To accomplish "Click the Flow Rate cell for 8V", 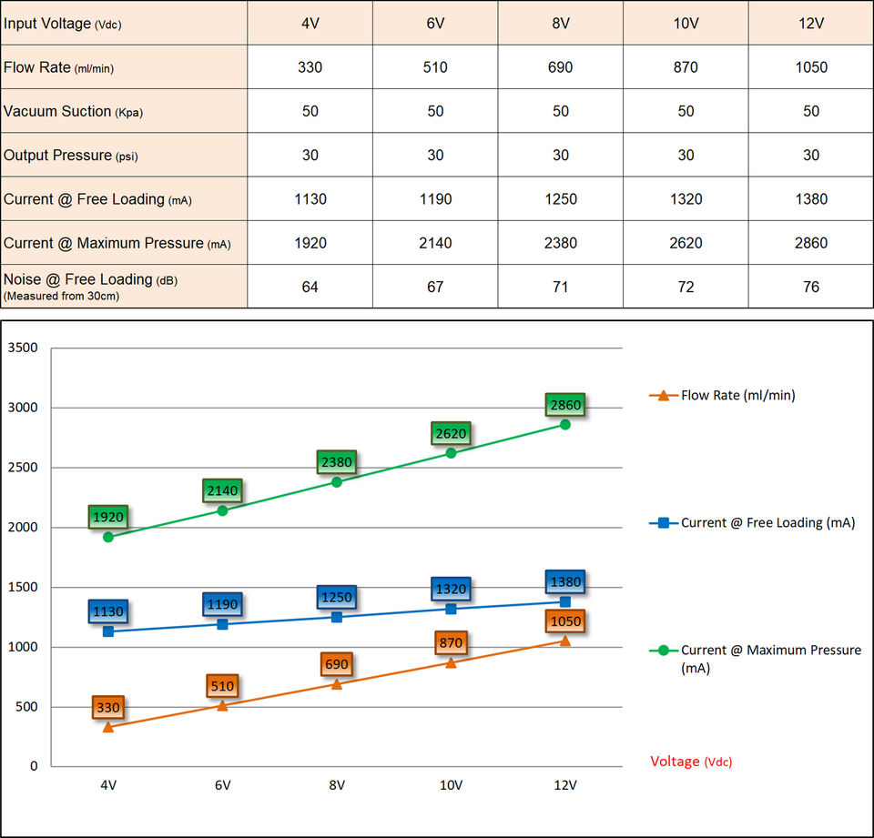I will [561, 67].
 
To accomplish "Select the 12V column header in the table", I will [810, 24].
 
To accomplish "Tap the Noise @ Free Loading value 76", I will [810, 287].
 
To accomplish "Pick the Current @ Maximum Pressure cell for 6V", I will [435, 243].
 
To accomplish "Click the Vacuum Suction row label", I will [74, 111].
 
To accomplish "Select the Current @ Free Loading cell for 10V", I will [686, 199].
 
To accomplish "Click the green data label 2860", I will [565, 405].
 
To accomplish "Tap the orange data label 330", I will [108, 707].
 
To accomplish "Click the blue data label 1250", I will [336, 597].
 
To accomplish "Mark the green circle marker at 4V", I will [108, 537].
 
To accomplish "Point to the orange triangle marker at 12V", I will [565, 641].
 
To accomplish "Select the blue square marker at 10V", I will [451, 608].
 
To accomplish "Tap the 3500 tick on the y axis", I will [23, 348].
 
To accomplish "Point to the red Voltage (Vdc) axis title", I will [690, 762].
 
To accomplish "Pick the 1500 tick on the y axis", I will [23, 587].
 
